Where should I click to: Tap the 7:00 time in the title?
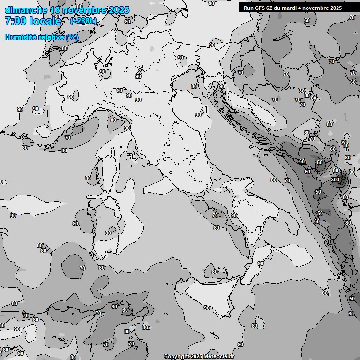pyautogui.click(x=15, y=21)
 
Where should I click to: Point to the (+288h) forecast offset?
pyautogui.click(x=83, y=21)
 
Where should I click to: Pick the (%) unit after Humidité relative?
pyautogui.click(x=72, y=37)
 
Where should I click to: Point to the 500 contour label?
pyautogui.click(x=335, y=180)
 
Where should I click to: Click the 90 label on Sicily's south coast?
pyautogui.click(x=207, y=308)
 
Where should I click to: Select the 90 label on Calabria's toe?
pyautogui.click(x=261, y=263)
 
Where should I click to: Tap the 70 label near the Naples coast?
pyautogui.click(x=215, y=215)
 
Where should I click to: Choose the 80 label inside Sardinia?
pyautogui.click(x=108, y=233)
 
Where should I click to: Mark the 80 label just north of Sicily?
pyautogui.click(x=214, y=272)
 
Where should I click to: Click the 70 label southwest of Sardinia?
pyautogui.click(x=82, y=268)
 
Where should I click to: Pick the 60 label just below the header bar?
pyautogui.click(x=307, y=20)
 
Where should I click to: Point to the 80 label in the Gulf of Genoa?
pyautogui.click(x=113, y=120)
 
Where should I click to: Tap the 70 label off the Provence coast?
pyautogui.click(x=67, y=138)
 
